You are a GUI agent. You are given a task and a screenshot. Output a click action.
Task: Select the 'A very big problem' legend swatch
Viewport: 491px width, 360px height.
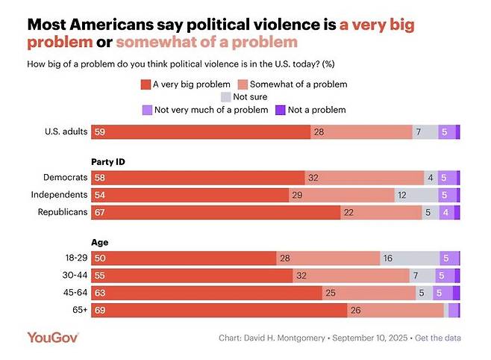[x=146, y=84]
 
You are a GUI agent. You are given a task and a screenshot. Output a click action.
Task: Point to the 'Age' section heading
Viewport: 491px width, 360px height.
[x=99, y=242]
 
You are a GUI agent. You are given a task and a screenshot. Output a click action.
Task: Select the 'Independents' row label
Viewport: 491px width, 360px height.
[x=60, y=195]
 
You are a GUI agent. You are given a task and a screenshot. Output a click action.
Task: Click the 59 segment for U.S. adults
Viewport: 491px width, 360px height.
[x=201, y=132]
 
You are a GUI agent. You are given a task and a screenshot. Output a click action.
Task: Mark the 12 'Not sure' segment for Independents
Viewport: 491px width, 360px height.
[x=416, y=195]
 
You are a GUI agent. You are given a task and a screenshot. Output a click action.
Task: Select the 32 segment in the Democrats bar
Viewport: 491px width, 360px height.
[x=364, y=179]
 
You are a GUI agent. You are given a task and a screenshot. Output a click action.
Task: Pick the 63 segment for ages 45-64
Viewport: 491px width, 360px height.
[x=207, y=292]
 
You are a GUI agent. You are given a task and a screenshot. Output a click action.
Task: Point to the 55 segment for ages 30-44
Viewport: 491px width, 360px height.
[x=192, y=275]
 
